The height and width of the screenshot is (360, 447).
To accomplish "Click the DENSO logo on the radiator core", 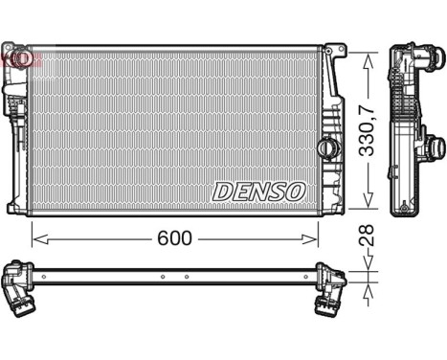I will coord(257,191).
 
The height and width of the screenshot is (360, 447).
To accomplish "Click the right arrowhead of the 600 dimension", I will coord(314,237).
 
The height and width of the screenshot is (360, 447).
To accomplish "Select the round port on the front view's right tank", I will coord(328,150).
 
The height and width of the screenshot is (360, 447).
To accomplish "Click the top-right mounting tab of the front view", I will coord(334,48).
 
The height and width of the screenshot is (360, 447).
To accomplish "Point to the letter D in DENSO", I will coord(221,191).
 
